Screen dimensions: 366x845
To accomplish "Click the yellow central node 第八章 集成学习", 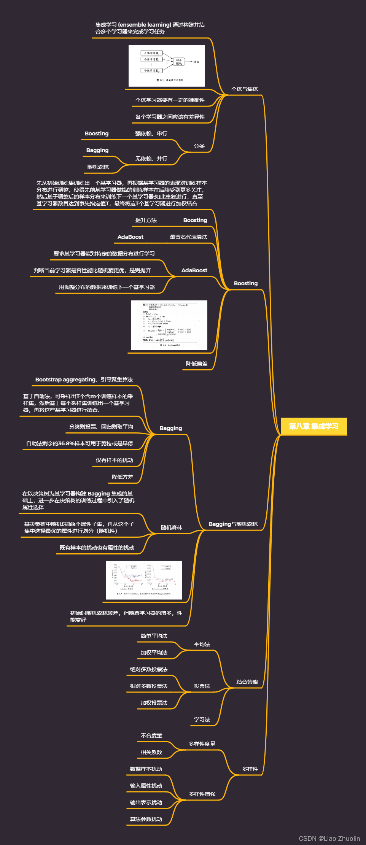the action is point(313,426).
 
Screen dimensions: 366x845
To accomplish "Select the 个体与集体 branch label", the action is point(245,89).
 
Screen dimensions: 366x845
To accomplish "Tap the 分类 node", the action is point(199,146).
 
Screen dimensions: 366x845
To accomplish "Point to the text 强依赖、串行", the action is point(151,133).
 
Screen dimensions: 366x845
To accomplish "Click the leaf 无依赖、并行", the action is point(151,159).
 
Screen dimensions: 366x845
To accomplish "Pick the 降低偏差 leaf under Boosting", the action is point(196,364).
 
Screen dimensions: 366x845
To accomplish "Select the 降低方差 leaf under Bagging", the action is point(122,477).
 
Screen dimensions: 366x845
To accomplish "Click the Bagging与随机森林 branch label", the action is point(233,524).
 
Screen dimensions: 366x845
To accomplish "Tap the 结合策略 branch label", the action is point(247,682).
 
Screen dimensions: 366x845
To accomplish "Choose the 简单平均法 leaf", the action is point(154,636).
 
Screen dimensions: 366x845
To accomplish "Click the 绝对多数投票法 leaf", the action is point(148,669).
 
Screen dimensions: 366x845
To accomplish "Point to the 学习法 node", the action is point(202,720).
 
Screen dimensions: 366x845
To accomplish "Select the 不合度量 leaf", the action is point(151,735).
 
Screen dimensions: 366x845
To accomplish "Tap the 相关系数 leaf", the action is point(151,752).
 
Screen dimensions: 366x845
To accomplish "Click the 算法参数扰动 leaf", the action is point(146,819).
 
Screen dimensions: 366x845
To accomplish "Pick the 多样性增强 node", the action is point(202,794).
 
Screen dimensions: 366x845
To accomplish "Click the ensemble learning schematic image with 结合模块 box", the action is point(167,66).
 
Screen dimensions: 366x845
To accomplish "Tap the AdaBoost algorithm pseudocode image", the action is point(169,325).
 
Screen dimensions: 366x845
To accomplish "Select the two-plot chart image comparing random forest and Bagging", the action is point(144,580).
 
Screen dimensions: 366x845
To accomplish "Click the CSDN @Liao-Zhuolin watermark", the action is point(329,839).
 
